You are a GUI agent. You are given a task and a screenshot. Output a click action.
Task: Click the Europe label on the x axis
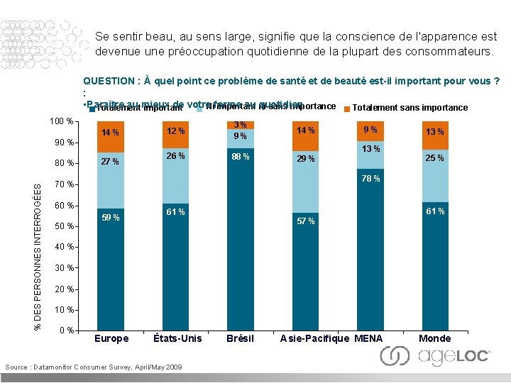click(111, 338)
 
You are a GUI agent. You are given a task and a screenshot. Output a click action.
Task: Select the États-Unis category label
click(177, 338)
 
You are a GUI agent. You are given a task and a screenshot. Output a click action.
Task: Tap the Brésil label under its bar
click(240, 338)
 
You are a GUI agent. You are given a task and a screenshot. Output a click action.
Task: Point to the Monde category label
click(434, 338)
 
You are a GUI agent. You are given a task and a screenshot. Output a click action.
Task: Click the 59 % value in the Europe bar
click(110, 218)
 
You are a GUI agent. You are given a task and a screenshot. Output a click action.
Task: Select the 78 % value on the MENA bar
click(370, 179)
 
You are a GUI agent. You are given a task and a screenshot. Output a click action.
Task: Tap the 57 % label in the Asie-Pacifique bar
click(306, 221)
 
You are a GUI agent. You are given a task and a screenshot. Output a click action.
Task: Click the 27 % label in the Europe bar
click(110, 162)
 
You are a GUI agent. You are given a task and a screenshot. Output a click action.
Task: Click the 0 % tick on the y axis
click(67, 331)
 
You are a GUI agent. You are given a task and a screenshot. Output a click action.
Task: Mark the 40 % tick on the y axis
click(65, 247)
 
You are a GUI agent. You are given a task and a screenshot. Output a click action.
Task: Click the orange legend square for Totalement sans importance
click(346, 109)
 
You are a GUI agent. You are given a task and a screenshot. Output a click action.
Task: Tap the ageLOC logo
click(434, 356)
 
